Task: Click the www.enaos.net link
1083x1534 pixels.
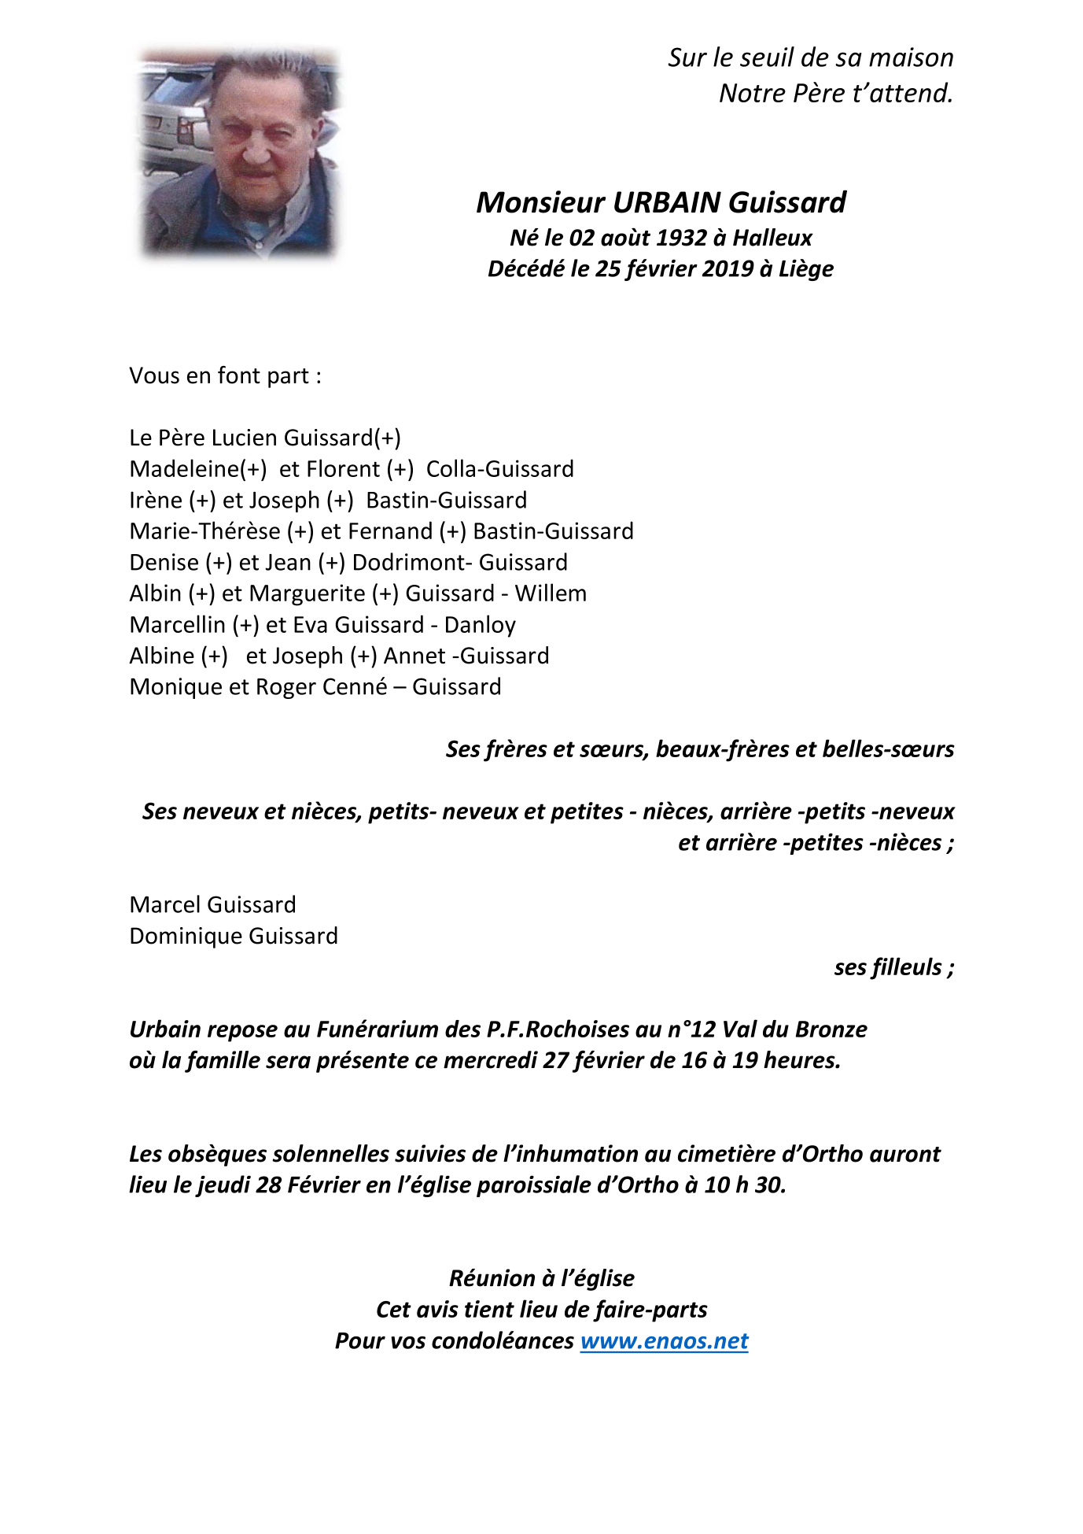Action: tap(664, 1340)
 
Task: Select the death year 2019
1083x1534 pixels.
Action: tap(728, 269)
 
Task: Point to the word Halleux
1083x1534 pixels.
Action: tap(772, 238)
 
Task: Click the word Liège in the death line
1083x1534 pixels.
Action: tap(806, 269)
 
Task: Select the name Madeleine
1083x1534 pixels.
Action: tap(184, 469)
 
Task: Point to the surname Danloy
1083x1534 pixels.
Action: tap(480, 625)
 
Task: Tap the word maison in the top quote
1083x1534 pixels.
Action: tap(911, 58)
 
